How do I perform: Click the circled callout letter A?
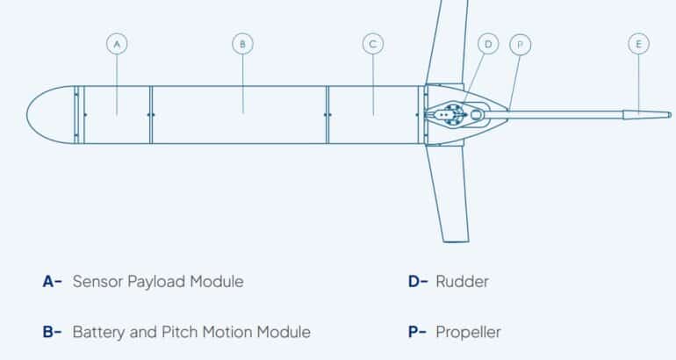pyautogui.click(x=117, y=42)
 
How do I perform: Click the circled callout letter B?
pyautogui.click(x=242, y=42)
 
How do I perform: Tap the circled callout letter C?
pyautogui.click(x=373, y=42)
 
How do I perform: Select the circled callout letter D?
pyautogui.click(x=487, y=42)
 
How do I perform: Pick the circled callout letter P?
pyautogui.click(x=520, y=42)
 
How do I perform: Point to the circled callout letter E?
pyautogui.click(x=640, y=42)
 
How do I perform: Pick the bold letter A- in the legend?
pyautogui.click(x=52, y=282)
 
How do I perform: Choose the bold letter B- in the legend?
pyautogui.click(x=52, y=333)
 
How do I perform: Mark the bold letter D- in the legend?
pyautogui.click(x=418, y=282)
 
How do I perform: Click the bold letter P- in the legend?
pyautogui.click(x=418, y=333)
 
